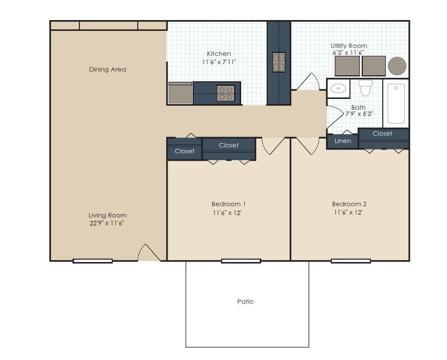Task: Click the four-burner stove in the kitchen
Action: tap(225, 93)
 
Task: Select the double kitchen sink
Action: tap(278, 62)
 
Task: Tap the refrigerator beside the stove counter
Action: tap(180, 93)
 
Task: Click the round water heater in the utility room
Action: tap(397, 66)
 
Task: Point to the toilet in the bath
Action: tap(365, 88)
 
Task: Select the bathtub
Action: tap(396, 103)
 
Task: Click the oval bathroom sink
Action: tap(338, 89)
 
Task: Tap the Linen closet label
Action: tap(343, 141)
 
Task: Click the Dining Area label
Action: tap(107, 70)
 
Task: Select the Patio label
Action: tap(246, 302)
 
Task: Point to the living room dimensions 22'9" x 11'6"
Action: tap(107, 223)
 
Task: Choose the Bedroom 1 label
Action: tap(228, 204)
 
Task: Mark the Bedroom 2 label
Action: tap(349, 204)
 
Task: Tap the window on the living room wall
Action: tap(93, 261)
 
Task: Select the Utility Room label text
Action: tap(349, 46)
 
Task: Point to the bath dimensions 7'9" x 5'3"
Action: tap(359, 114)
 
